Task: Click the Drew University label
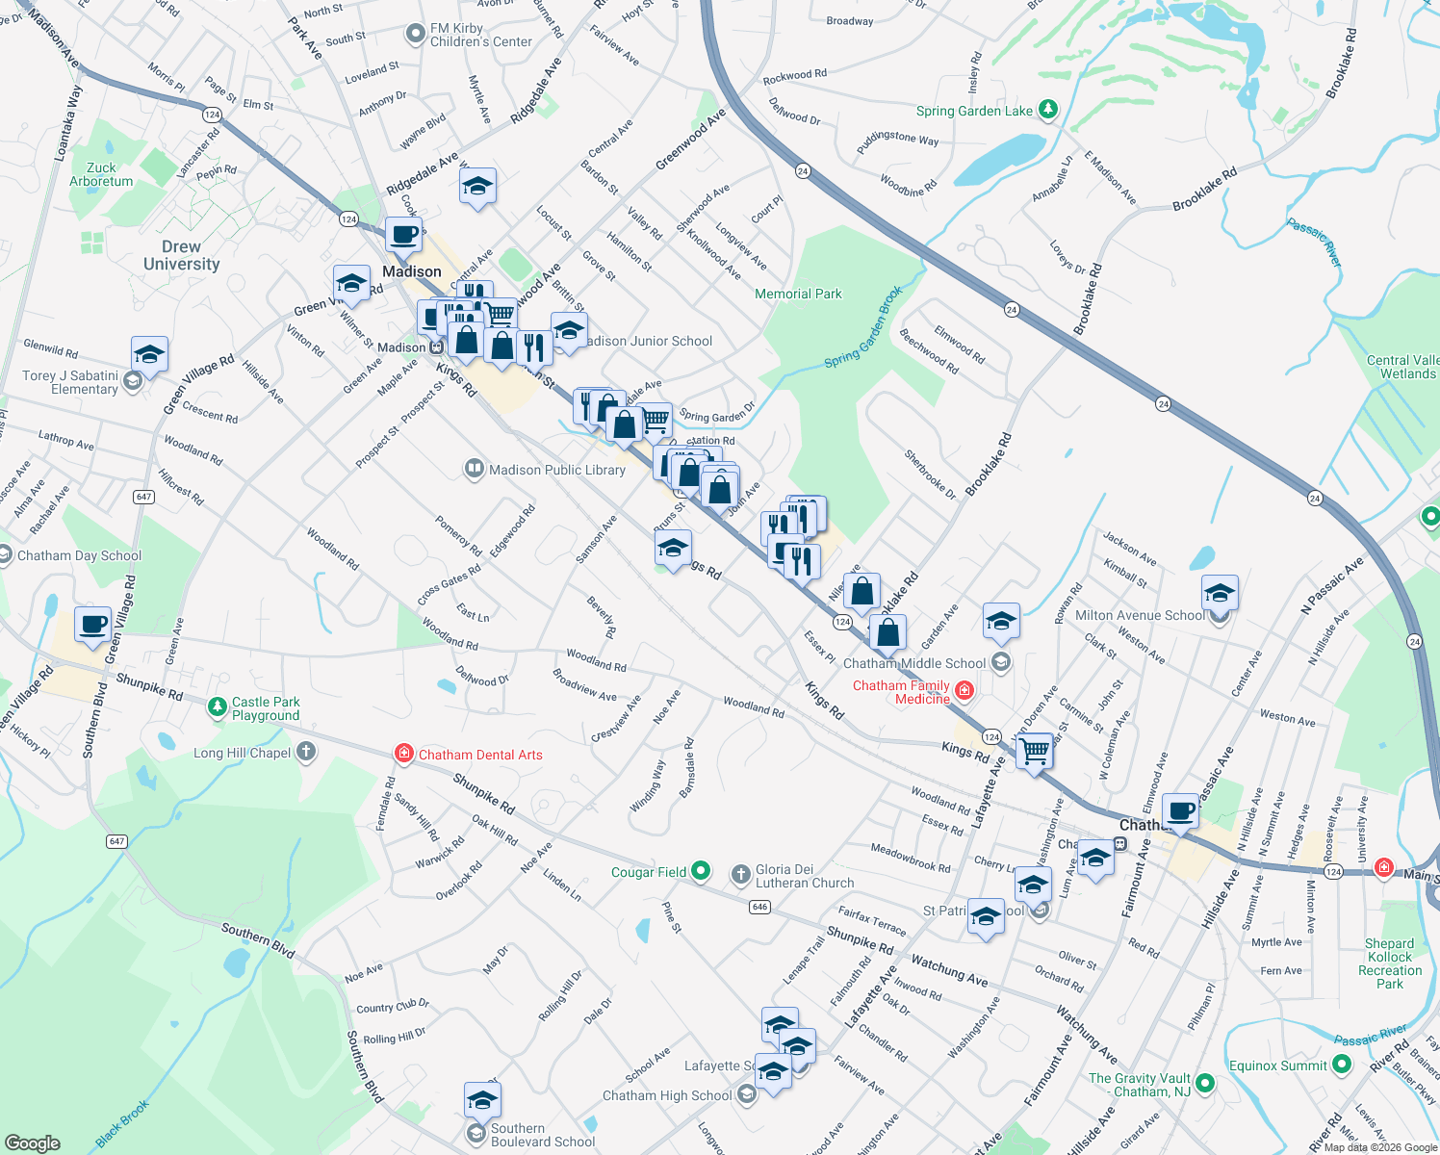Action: click(x=181, y=255)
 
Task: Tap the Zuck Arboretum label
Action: click(x=101, y=174)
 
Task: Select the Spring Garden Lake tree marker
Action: click(x=1048, y=110)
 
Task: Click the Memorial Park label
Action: click(x=798, y=294)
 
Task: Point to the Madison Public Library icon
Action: click(x=474, y=470)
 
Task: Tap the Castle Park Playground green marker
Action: click(x=218, y=708)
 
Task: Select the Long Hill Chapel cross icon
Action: click(x=306, y=752)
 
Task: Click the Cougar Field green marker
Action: click(x=701, y=871)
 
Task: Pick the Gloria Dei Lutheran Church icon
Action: click(x=740, y=874)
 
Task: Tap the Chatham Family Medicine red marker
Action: click(x=964, y=690)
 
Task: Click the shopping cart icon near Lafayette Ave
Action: click(x=1035, y=750)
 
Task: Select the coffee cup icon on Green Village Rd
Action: click(x=93, y=624)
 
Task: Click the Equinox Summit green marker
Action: click(x=1343, y=1065)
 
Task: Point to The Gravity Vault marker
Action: click(x=1204, y=1084)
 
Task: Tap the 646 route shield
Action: click(x=760, y=907)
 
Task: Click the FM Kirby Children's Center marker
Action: click(x=415, y=35)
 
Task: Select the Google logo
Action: click(x=32, y=1143)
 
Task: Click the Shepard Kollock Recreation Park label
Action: click(x=1389, y=963)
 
